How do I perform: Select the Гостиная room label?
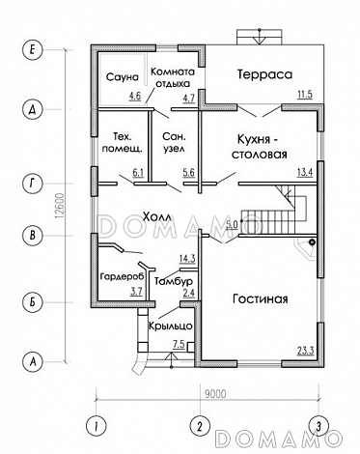pos(260,298)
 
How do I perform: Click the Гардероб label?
pos(121,277)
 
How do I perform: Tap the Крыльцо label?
pos(170,326)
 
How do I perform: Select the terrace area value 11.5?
pos(304,95)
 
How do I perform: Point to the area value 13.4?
pos(304,173)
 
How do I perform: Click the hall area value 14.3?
pos(187,258)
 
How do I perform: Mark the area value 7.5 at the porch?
pos(179,344)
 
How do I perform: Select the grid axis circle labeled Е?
pos(33,47)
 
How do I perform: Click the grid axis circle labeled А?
pos(33,362)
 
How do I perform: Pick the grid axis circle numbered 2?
pos(198,425)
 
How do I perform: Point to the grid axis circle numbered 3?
pos(317,425)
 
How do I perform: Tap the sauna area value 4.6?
pos(134,97)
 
